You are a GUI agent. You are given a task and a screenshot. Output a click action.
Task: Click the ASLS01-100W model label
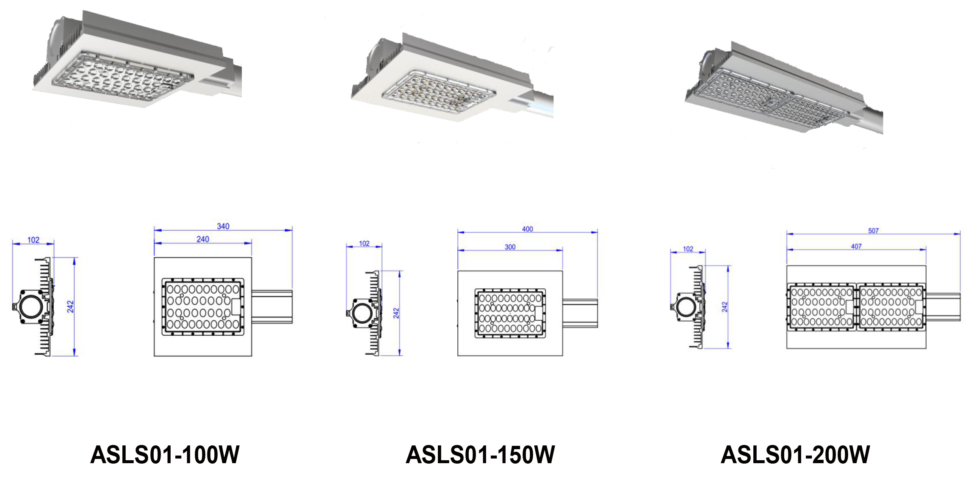[x=165, y=455]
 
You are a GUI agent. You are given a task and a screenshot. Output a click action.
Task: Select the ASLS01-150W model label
[x=480, y=455]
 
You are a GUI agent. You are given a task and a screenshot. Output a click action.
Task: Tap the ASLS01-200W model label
[x=795, y=455]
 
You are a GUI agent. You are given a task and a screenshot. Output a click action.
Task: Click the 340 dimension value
[x=223, y=227]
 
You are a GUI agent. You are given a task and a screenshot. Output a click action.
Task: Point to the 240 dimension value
[x=203, y=239]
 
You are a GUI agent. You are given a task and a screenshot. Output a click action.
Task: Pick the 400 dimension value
[x=527, y=229]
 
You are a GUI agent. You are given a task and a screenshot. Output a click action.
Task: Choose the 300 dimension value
[x=510, y=247]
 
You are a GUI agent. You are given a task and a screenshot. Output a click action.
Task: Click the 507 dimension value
[x=873, y=231]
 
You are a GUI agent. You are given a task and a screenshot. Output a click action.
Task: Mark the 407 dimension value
[x=856, y=246]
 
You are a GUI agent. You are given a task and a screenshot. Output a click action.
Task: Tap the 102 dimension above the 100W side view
[x=33, y=240]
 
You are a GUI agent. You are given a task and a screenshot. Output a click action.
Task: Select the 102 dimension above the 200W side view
[x=688, y=249]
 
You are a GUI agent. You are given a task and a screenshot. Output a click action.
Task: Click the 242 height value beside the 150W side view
[x=396, y=313]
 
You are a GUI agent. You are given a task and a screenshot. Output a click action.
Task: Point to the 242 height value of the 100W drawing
[x=70, y=307]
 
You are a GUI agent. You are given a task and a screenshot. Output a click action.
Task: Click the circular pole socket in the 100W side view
[x=31, y=306]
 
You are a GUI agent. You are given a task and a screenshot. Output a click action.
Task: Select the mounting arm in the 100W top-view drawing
[x=272, y=307]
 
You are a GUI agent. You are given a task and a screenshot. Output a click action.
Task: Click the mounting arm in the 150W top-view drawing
[x=580, y=313]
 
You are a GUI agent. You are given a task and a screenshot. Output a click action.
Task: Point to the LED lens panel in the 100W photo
[x=121, y=78]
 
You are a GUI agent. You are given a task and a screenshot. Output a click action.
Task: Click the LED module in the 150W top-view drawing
[x=510, y=313]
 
